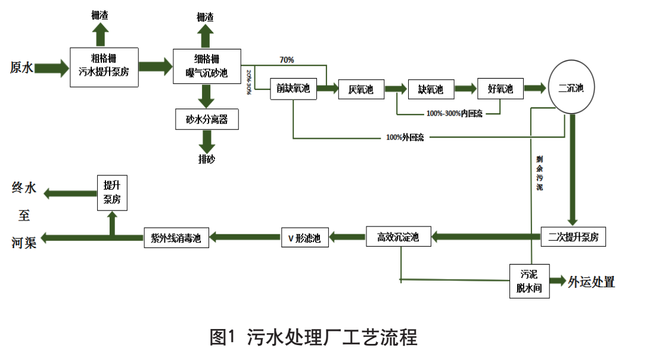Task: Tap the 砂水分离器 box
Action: point(207,119)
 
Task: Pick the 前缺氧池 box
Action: point(293,89)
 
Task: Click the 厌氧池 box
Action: point(360,89)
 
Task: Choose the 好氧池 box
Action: point(500,89)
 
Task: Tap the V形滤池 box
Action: point(304,238)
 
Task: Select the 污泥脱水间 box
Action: point(529,281)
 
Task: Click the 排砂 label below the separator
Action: point(207,159)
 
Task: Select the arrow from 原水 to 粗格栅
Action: point(52,67)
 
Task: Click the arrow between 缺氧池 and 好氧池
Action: point(467,89)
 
